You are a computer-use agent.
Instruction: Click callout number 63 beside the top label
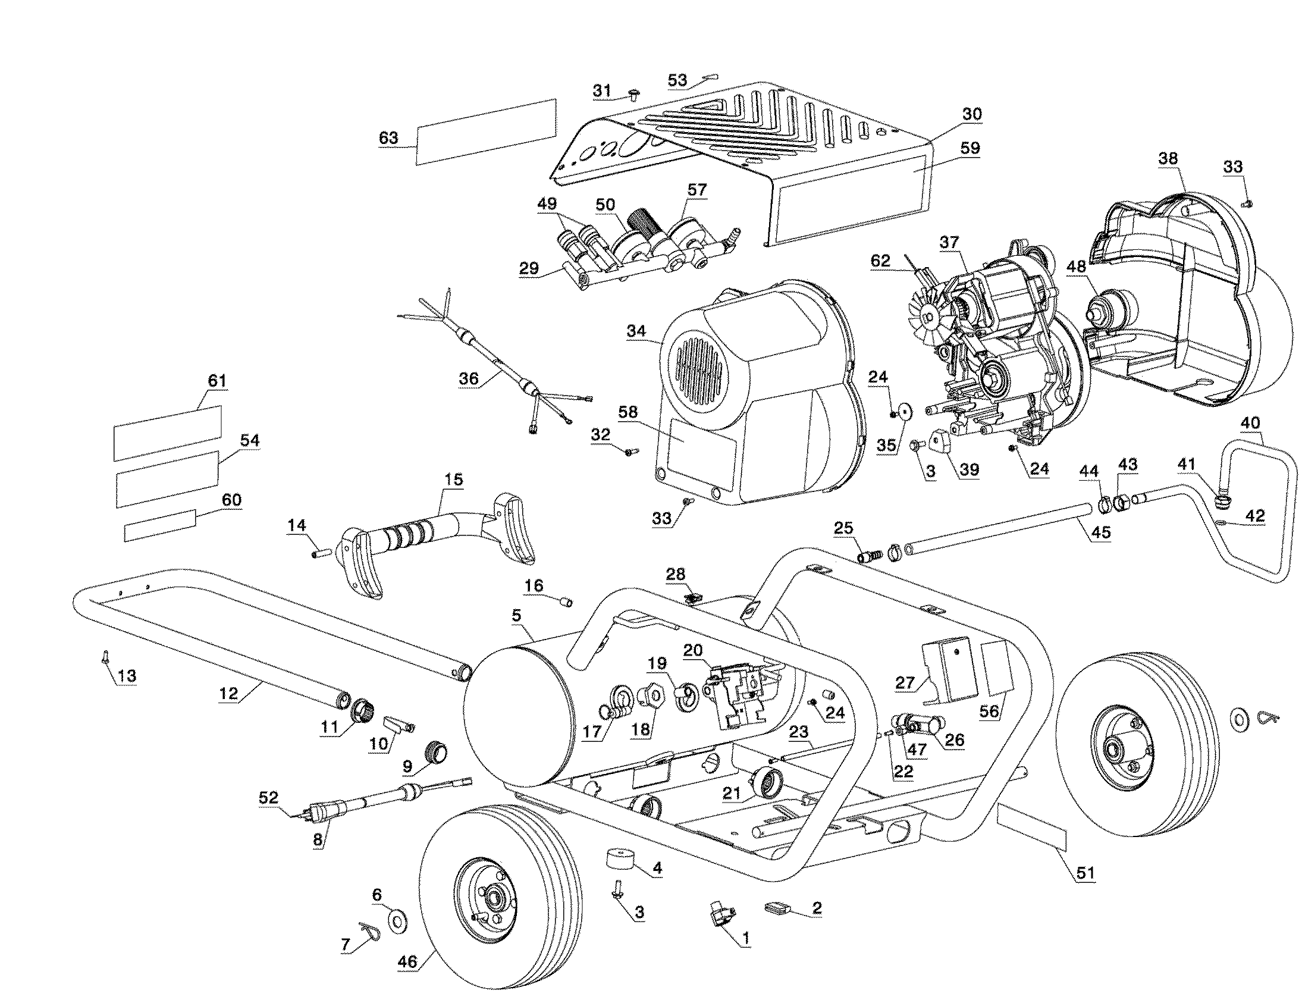(388, 138)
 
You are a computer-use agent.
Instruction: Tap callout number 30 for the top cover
(972, 114)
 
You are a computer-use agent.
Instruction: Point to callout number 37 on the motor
(949, 242)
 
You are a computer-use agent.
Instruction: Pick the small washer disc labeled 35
(904, 412)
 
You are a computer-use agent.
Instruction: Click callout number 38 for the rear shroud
(1168, 159)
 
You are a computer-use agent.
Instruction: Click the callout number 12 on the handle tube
(228, 693)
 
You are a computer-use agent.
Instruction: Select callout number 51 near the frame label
(1085, 873)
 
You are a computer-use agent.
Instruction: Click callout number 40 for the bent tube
(1250, 423)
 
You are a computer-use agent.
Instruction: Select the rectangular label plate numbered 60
(159, 525)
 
